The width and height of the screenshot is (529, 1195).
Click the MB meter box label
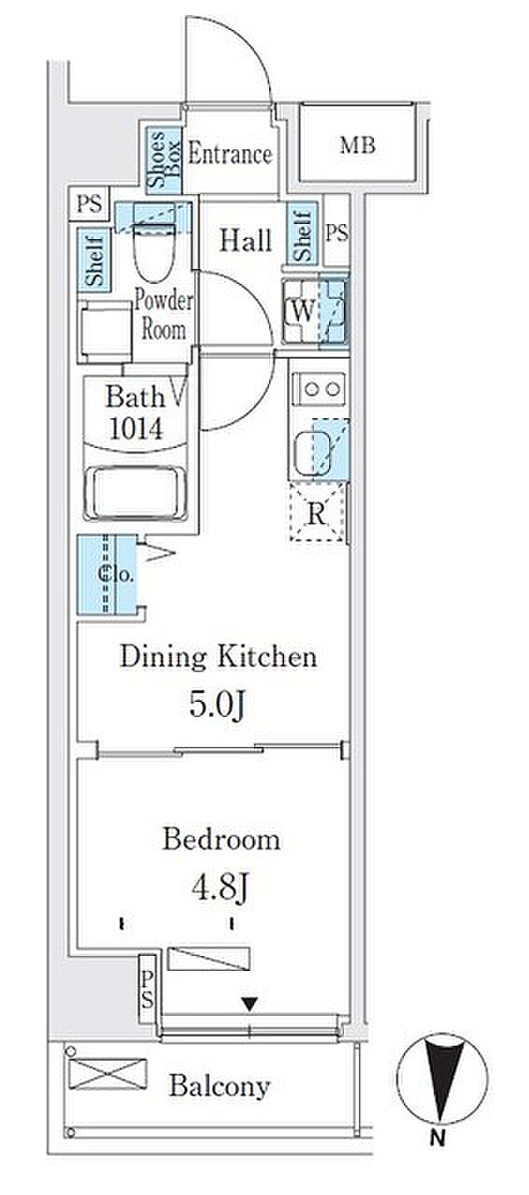(357, 145)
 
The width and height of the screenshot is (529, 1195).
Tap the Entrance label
(230, 154)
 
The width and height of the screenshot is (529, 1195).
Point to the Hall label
(247, 240)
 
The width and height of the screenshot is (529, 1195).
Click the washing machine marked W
(315, 311)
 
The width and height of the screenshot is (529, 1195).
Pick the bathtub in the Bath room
(136, 492)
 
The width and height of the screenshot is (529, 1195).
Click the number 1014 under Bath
(136, 428)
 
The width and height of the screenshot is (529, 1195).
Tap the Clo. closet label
(115, 574)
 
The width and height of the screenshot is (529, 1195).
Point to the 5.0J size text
(218, 705)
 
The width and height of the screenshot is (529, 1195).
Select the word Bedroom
(222, 840)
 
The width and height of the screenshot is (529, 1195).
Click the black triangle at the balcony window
(250, 1005)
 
